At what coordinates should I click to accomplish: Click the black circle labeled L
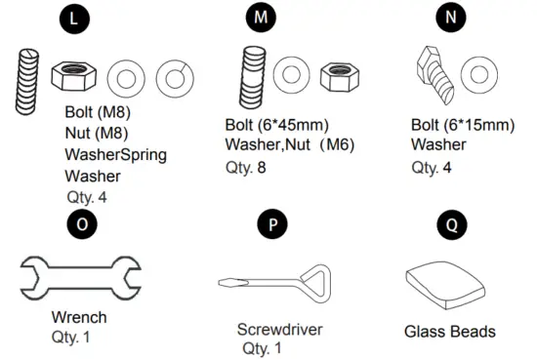74,19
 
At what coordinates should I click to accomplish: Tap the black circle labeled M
260,19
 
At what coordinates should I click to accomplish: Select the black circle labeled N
448,19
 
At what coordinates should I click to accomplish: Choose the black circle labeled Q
450,224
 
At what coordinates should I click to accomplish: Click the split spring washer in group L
171,77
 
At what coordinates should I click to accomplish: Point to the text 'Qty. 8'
245,167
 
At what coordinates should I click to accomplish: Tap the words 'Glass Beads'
449,332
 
